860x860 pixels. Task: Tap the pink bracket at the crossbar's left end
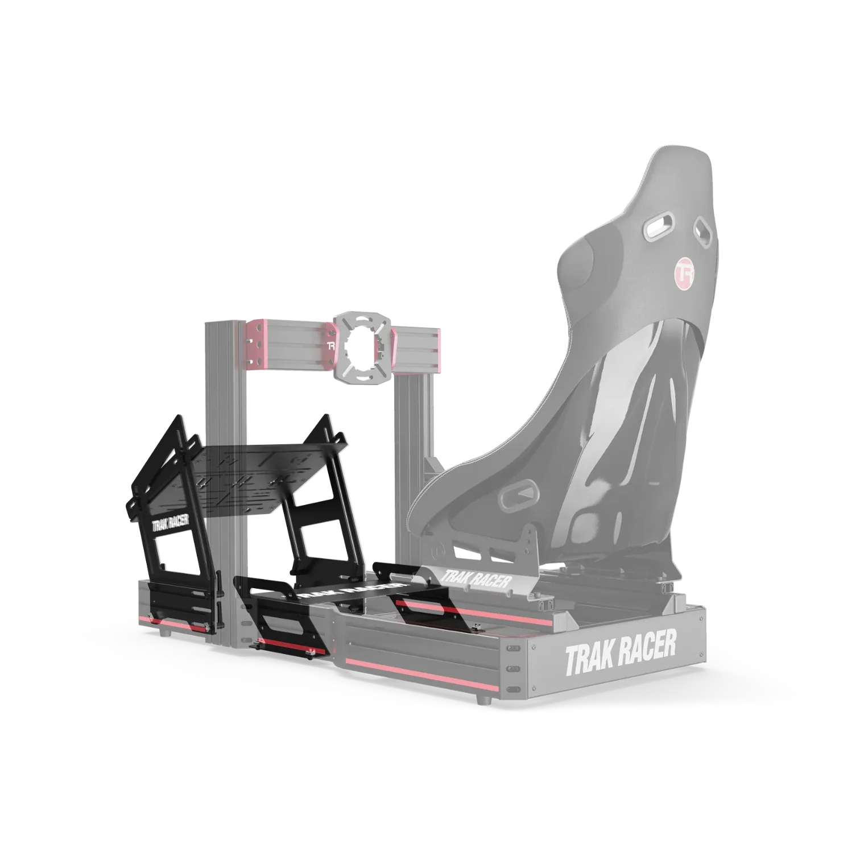tap(257, 344)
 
